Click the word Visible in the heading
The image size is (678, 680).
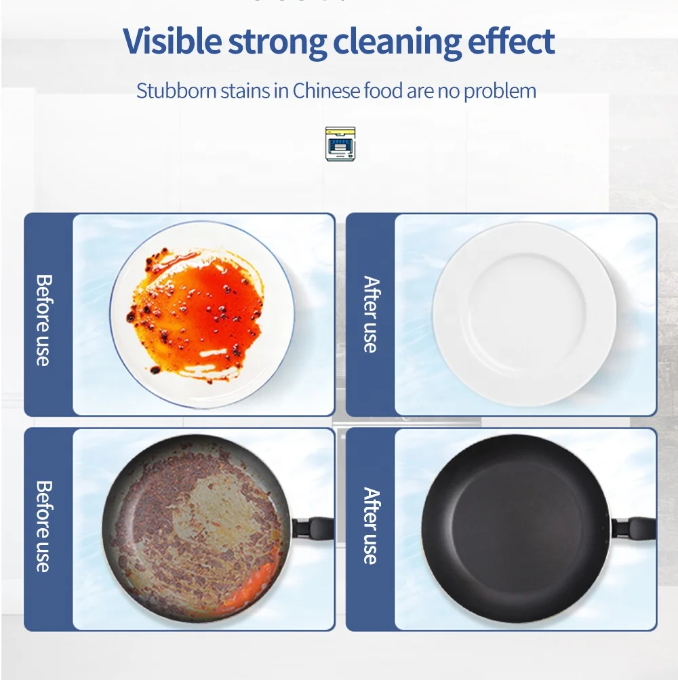172,42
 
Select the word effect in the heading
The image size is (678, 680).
511,42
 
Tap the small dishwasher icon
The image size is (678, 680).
340,144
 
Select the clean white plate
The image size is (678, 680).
524,314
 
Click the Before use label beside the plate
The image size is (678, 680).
43,319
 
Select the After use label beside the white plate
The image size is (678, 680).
370,314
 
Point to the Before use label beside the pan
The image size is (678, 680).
43,527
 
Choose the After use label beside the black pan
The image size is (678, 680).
370,525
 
